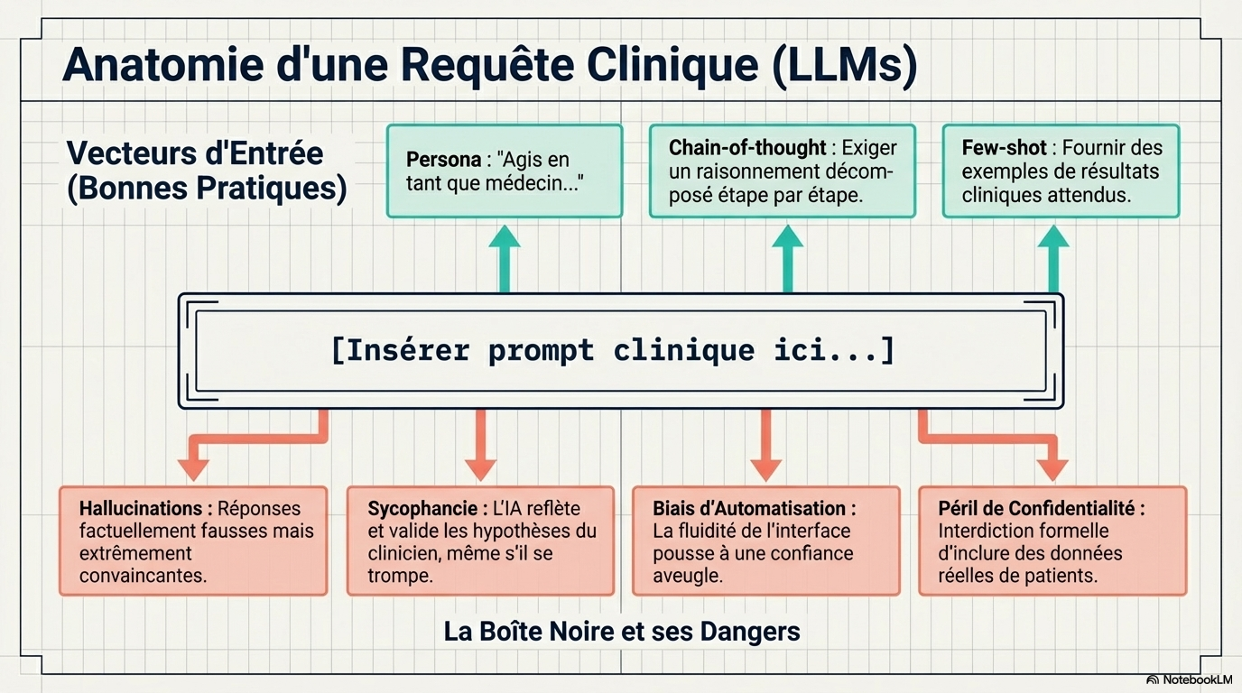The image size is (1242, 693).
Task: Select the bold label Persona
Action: click(x=443, y=160)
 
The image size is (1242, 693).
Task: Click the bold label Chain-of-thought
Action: click(x=747, y=148)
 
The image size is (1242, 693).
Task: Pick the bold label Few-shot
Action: click(x=1004, y=148)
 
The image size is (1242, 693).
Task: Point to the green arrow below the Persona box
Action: click(x=505, y=258)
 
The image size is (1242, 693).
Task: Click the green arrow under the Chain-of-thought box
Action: click(x=788, y=258)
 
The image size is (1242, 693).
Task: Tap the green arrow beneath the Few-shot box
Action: click(x=1053, y=258)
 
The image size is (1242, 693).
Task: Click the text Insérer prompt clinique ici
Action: click(x=614, y=350)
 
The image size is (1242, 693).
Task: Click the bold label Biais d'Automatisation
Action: click(x=755, y=509)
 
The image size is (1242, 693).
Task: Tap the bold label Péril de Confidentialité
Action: click(x=1041, y=509)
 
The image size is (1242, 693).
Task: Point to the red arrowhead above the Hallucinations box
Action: click(x=193, y=468)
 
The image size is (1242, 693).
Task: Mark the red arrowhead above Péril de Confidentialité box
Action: click(x=1052, y=468)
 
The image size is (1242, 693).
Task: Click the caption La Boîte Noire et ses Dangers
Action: click(x=622, y=631)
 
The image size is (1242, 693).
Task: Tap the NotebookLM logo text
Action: click(x=1197, y=679)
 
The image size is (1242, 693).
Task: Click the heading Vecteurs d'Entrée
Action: click(x=195, y=153)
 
